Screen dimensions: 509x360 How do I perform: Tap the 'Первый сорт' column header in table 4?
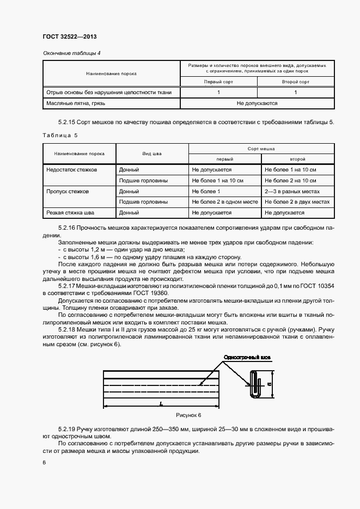pyautogui.click(x=218, y=82)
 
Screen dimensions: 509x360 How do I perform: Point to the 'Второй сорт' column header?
pyautogui.click(x=296, y=82)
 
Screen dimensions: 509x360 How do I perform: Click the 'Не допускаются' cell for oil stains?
pyautogui.click(x=257, y=103)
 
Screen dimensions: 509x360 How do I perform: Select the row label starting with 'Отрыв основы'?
pyautogui.click(x=109, y=93)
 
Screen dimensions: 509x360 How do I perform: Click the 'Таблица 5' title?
pyautogui.click(x=60, y=135)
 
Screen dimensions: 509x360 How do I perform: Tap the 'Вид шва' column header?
pyautogui.click(x=152, y=154)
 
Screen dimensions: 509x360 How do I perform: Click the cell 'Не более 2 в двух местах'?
pyautogui.click(x=297, y=202)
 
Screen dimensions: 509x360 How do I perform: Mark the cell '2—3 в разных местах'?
pyautogui.click(x=292, y=191)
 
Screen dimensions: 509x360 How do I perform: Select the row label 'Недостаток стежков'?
pyautogui.click(x=72, y=170)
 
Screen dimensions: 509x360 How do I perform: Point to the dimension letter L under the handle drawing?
pyautogui.click(x=162, y=403)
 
